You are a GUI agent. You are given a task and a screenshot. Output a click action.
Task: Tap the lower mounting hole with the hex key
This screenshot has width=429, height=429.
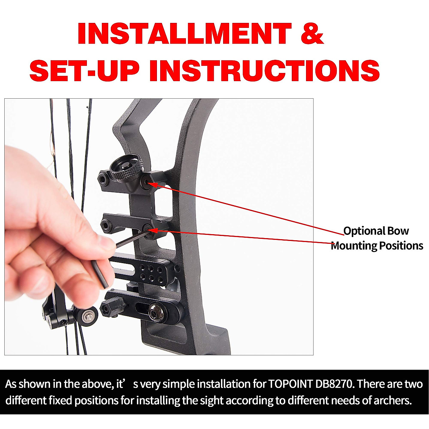click(147, 228)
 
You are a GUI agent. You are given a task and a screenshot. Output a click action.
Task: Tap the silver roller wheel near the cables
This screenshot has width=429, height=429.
click(88, 315)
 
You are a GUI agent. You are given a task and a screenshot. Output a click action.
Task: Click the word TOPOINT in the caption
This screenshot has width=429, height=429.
click(290, 384)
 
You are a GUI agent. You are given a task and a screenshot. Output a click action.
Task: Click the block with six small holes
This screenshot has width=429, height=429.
click(152, 271)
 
